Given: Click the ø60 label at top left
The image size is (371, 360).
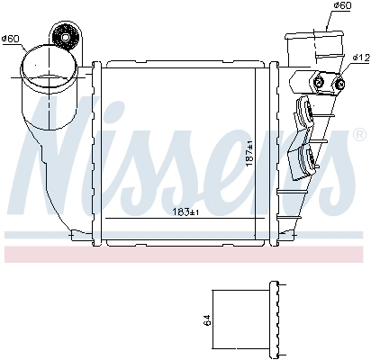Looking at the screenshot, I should tap(12, 38).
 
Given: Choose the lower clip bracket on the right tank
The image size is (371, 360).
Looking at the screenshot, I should tap(305, 160).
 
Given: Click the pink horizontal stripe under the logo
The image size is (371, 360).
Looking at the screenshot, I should tap(185, 254).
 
